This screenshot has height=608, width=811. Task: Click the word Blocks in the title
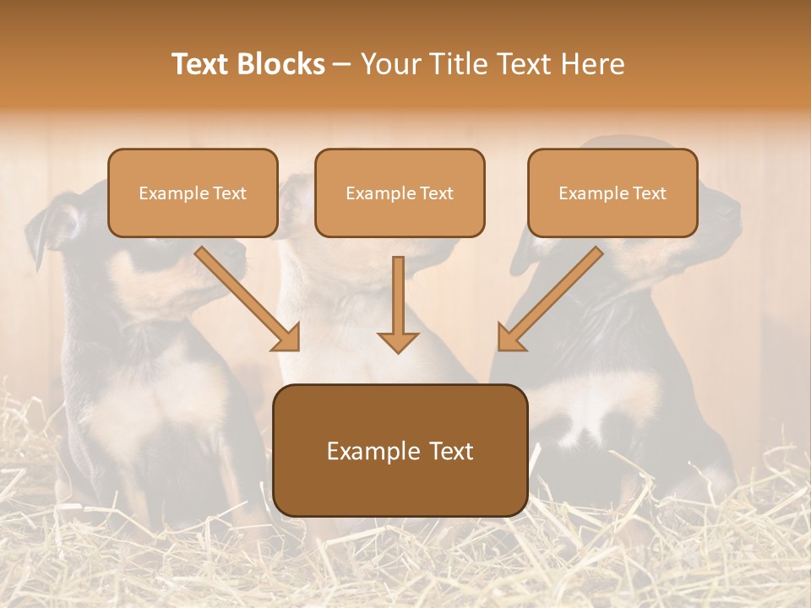pos(280,64)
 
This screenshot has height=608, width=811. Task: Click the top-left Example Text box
pos(193,193)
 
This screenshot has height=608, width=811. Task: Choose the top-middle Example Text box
pos(400,193)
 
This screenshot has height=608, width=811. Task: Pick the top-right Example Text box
pos(612,193)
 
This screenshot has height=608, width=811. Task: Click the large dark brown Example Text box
pos(400,451)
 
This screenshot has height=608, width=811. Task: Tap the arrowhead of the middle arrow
pos(398,341)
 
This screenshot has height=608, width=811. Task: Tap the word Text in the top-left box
pos(229,193)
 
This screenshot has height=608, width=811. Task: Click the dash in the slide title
pos(342,64)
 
